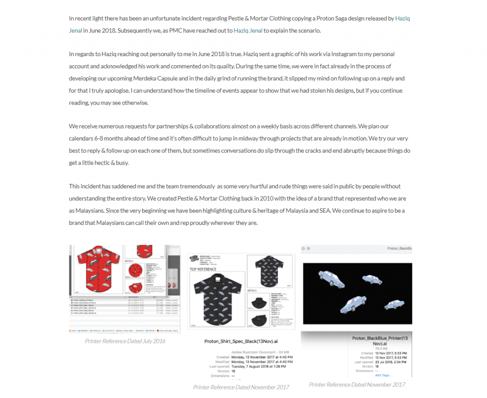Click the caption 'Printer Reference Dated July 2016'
click(125, 341)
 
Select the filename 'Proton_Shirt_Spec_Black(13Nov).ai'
click(241, 341)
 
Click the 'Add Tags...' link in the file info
click(384, 375)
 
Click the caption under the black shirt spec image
click(241, 387)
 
